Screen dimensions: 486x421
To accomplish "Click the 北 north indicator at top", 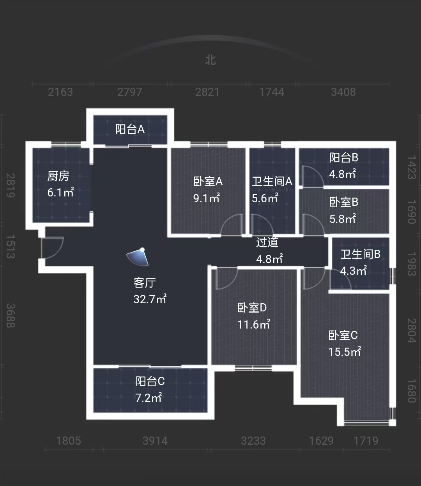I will click(x=210, y=60).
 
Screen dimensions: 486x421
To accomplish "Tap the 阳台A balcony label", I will click(x=130, y=129).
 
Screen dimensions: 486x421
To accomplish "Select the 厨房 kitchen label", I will click(x=58, y=176).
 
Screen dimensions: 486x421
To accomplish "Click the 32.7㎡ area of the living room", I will click(x=150, y=299).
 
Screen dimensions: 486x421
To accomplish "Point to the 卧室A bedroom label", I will click(x=208, y=181).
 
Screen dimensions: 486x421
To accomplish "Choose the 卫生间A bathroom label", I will click(x=272, y=181).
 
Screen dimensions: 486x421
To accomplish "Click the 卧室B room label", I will click(x=343, y=202).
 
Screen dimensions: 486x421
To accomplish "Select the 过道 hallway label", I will click(x=267, y=242).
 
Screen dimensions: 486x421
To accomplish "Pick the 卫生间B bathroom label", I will click(x=360, y=254).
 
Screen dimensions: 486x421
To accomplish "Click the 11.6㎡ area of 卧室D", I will click(x=253, y=324).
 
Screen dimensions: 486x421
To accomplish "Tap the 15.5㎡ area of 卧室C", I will click(x=344, y=352).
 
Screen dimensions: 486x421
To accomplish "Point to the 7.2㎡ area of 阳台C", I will click(x=148, y=398).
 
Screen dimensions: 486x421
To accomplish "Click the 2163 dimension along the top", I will click(x=60, y=92).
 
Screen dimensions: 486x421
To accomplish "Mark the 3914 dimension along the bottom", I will click(x=155, y=441).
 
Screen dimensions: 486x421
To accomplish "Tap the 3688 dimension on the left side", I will click(x=11, y=316).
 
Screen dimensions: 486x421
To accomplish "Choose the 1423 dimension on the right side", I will click(x=411, y=167).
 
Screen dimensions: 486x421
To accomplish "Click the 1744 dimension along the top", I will click(x=272, y=92).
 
